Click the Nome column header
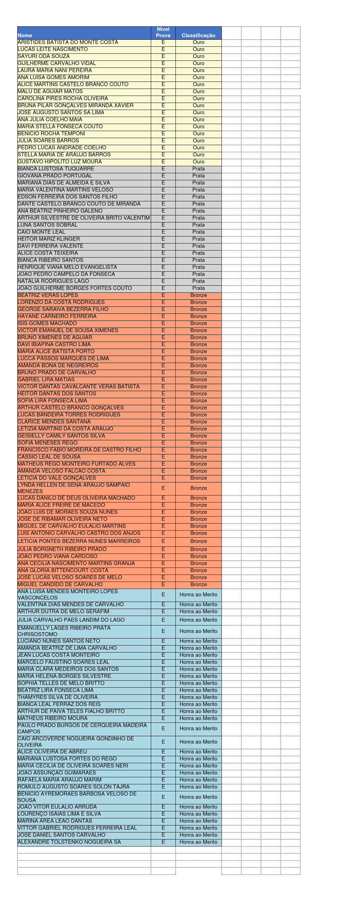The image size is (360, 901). click(25, 35)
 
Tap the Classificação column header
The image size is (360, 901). click(198, 35)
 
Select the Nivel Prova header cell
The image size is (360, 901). click(163, 32)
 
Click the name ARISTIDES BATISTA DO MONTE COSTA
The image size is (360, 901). click(68, 42)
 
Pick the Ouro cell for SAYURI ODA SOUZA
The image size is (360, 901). click(198, 56)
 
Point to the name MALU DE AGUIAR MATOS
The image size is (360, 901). click(50, 91)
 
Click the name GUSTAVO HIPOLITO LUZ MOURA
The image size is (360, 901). click(60, 162)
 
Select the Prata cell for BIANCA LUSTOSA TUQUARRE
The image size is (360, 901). click(198, 169)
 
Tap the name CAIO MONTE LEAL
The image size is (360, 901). click(41, 232)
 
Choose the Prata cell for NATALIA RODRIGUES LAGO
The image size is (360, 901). click(198, 281)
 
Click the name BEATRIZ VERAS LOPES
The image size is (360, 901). click(48, 295)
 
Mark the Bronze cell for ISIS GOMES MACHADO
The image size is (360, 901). click(198, 323)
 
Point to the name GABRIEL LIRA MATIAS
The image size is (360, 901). click(46, 380)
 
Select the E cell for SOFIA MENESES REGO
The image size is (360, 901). click(163, 443)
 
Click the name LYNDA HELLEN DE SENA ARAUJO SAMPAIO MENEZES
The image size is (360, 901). click(74, 488)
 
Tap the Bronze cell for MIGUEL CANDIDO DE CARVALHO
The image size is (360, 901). click(198, 584)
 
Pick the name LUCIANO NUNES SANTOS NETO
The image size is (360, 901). click(59, 641)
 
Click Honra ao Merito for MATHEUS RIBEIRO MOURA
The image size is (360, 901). click(198, 718)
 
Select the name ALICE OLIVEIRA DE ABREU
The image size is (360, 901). click(52, 752)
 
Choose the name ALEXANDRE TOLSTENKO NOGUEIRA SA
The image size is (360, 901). click(69, 842)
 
